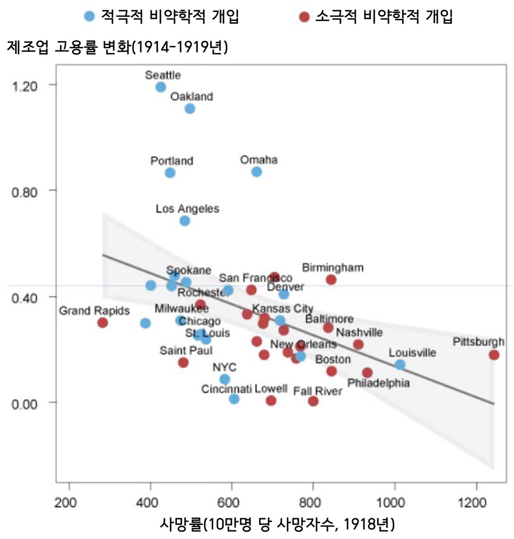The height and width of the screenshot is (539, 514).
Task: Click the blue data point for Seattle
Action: pos(161,87)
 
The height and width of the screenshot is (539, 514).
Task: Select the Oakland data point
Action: pos(190,109)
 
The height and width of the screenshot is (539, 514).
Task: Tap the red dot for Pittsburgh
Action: pos(494,355)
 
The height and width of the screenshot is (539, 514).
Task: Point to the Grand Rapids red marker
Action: pos(103,322)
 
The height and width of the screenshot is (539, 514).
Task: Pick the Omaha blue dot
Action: pos(256,172)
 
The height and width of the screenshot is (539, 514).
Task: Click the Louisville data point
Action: pos(400,365)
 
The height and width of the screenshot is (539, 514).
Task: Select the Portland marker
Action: pos(170,173)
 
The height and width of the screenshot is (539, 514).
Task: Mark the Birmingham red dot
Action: pos(331,280)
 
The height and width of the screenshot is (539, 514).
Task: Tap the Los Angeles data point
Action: pos(185,221)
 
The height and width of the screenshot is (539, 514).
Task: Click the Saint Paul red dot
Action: pos(183,363)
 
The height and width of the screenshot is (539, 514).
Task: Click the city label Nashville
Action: pos(359,333)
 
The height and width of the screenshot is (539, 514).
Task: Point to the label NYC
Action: pos(224,367)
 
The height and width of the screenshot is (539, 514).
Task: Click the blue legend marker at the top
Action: pos(89,17)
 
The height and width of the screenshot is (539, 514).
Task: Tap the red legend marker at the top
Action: pos(304,17)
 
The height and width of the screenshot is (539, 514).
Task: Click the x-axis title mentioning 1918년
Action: pos(278,525)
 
